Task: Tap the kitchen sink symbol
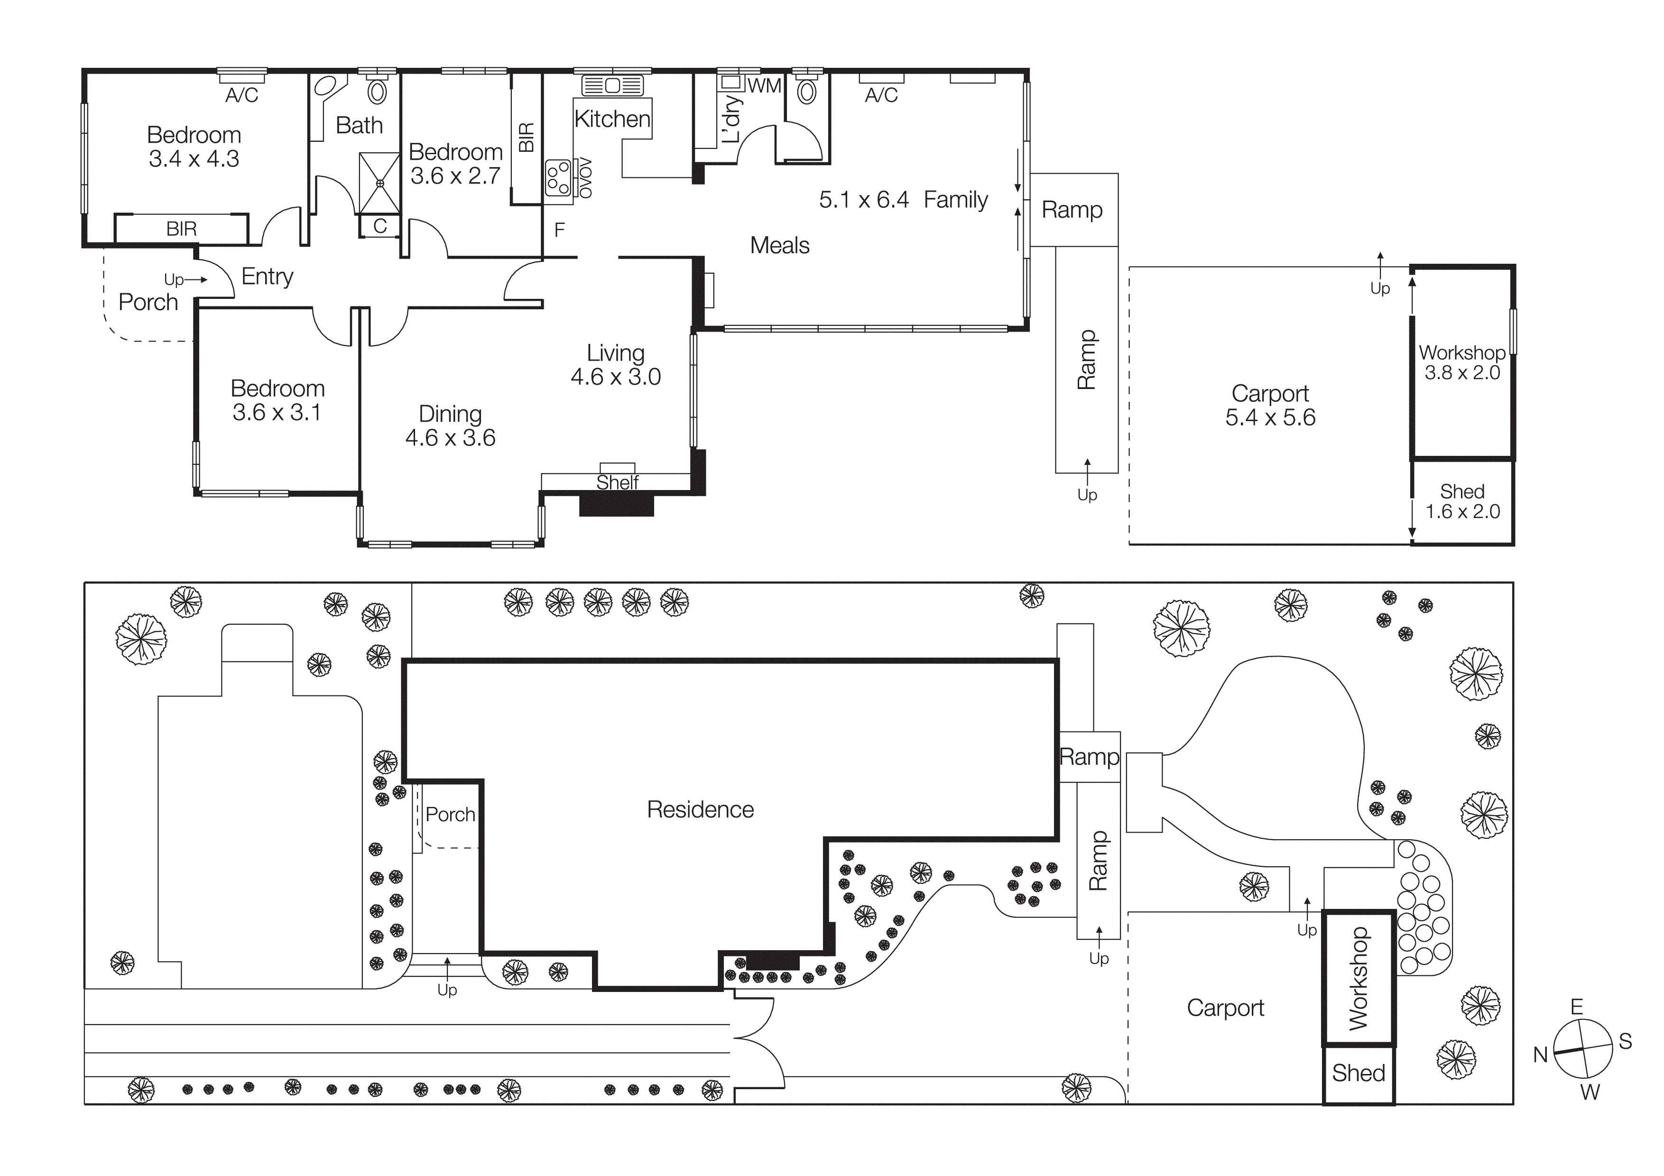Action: click(612, 85)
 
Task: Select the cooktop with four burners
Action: click(558, 177)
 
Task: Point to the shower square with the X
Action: click(379, 183)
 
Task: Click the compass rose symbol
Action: click(1583, 1048)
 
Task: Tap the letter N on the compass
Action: click(1540, 1055)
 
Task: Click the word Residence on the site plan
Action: click(700, 809)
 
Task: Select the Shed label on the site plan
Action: click(1358, 1073)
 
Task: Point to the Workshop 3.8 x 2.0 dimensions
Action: click(1462, 372)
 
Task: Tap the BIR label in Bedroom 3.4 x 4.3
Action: click(181, 229)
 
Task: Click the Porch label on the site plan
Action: click(450, 815)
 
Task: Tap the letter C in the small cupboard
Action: click(380, 226)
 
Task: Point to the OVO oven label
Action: click(585, 177)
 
